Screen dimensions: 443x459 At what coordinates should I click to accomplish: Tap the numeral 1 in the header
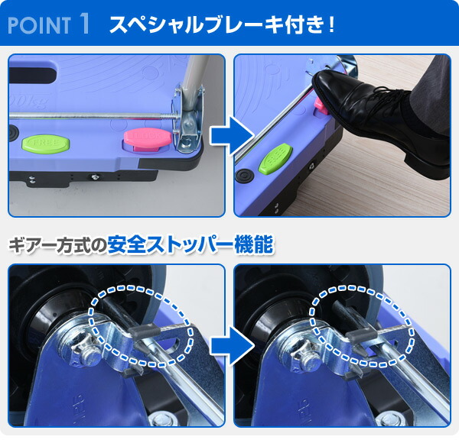pos(84,23)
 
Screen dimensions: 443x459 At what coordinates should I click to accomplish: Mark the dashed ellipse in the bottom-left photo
pos(141,325)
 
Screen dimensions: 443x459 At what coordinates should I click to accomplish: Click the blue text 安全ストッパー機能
pos(191,247)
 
